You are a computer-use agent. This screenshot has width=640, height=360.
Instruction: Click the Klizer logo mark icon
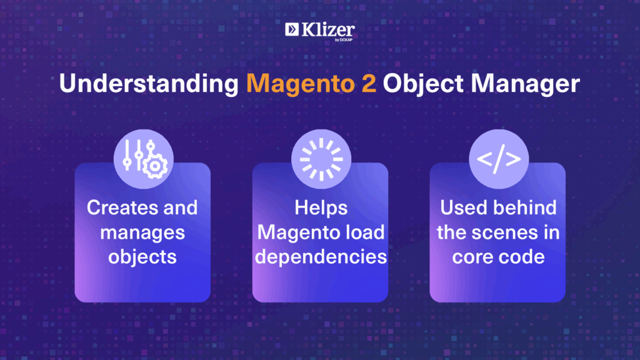(x=292, y=29)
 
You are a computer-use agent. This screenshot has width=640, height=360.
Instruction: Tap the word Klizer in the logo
(x=328, y=30)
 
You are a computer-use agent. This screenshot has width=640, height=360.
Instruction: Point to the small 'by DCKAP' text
(x=344, y=40)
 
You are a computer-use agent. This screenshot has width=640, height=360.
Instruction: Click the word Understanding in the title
(x=149, y=84)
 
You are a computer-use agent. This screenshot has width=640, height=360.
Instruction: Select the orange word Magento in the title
(x=300, y=84)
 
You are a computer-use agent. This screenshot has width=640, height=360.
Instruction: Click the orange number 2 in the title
(x=369, y=84)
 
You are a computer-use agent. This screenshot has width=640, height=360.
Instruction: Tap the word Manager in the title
(x=525, y=84)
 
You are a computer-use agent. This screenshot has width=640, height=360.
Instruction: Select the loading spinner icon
(x=321, y=159)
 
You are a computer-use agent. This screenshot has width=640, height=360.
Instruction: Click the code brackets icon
(x=499, y=159)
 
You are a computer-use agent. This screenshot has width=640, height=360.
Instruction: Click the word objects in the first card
(x=142, y=257)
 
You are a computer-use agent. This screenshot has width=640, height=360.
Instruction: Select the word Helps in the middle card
(x=321, y=208)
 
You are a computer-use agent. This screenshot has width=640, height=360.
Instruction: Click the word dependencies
(x=321, y=257)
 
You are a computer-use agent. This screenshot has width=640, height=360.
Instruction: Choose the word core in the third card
(x=472, y=257)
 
